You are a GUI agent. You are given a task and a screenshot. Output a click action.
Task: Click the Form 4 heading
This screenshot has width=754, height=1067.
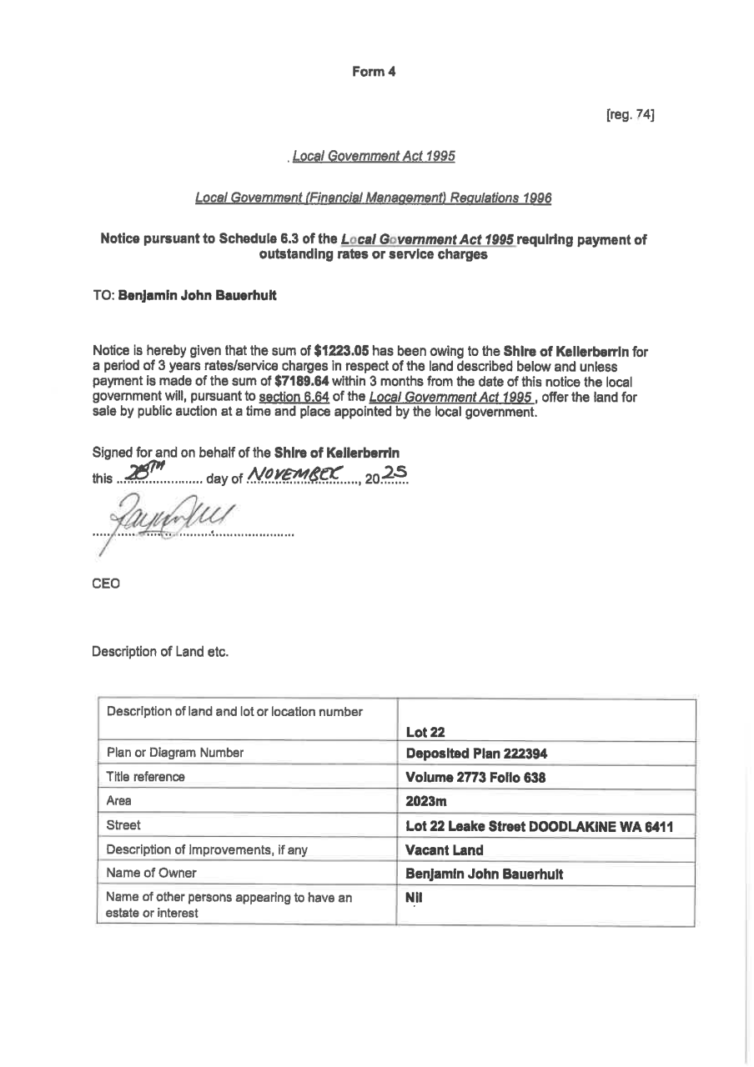pyautogui.click(x=374, y=72)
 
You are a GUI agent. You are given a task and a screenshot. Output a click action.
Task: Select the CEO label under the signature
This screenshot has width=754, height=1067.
pyautogui.click(x=106, y=584)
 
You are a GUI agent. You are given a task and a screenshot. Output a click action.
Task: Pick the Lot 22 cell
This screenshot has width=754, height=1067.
pyautogui.click(x=425, y=733)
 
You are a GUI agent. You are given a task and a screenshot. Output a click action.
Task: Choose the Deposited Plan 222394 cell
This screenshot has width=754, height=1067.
pyautogui.click(x=476, y=754)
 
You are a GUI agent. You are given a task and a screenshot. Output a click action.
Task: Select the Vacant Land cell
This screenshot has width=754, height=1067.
pyautogui.click(x=444, y=850)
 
